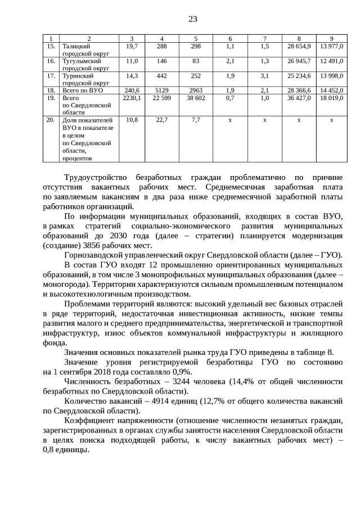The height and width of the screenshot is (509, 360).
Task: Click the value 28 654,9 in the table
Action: click(299, 46)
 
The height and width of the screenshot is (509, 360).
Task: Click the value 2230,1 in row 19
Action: click(131, 97)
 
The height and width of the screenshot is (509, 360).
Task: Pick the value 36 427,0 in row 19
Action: click(299, 97)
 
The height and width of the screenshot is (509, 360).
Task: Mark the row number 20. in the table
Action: click(51, 120)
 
